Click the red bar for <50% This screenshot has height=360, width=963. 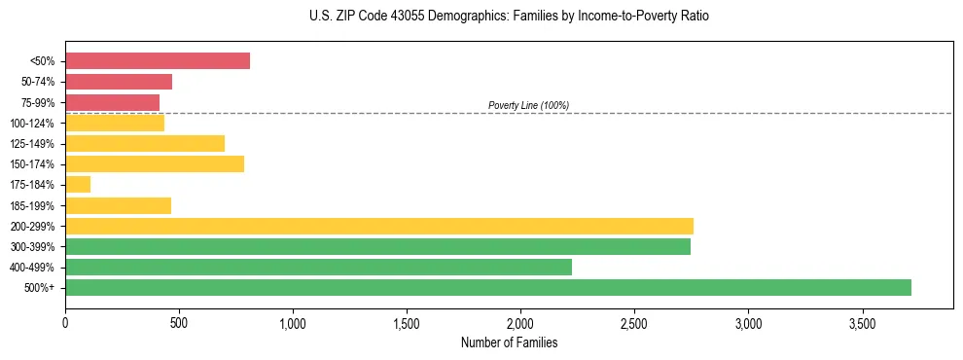click(x=158, y=61)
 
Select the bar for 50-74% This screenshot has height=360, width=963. click(x=119, y=82)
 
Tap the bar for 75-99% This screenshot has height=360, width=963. click(x=112, y=102)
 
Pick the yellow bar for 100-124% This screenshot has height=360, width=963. click(x=115, y=123)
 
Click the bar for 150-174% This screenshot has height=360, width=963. click(x=155, y=163)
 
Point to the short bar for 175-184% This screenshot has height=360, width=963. click(x=78, y=184)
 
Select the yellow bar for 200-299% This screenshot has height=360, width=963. click(x=379, y=226)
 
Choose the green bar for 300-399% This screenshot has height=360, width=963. click(x=377, y=246)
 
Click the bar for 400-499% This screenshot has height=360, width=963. click(x=318, y=267)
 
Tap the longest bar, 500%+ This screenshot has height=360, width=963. click(x=488, y=287)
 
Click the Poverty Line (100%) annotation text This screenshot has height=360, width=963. click(x=528, y=105)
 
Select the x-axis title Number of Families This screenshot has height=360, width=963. click(x=509, y=342)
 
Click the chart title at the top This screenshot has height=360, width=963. click(x=509, y=17)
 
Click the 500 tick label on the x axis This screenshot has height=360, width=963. click(x=179, y=322)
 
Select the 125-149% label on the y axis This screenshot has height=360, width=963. click(x=32, y=144)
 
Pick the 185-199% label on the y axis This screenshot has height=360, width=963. click(x=32, y=205)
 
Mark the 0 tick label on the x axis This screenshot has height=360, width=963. click(x=65, y=322)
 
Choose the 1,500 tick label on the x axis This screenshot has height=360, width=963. click(x=407, y=322)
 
